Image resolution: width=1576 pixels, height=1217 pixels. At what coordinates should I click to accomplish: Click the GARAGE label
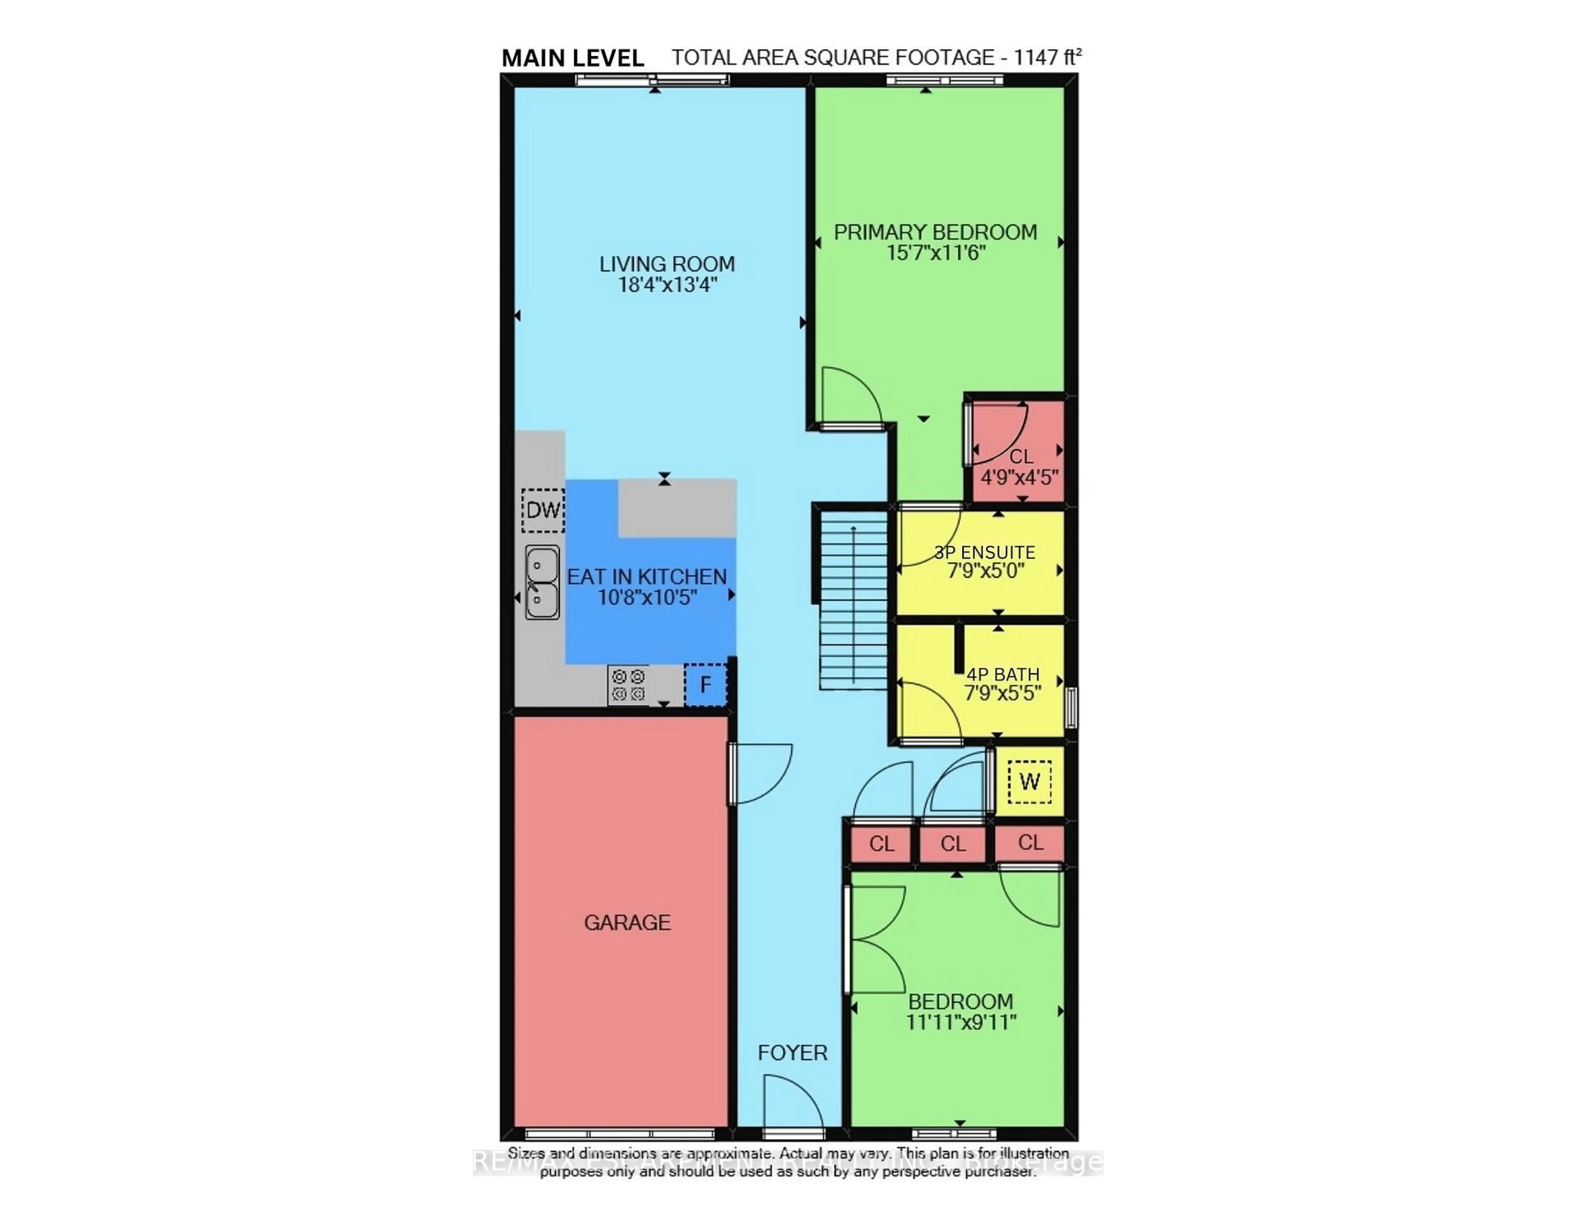(x=627, y=923)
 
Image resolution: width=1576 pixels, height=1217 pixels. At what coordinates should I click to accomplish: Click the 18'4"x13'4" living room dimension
(x=667, y=285)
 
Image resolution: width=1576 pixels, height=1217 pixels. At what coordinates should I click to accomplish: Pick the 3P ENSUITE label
(x=984, y=553)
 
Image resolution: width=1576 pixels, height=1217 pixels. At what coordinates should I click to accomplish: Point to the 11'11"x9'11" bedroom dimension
(x=961, y=1022)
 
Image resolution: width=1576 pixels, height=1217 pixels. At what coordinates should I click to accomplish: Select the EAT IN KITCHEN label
(x=646, y=577)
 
